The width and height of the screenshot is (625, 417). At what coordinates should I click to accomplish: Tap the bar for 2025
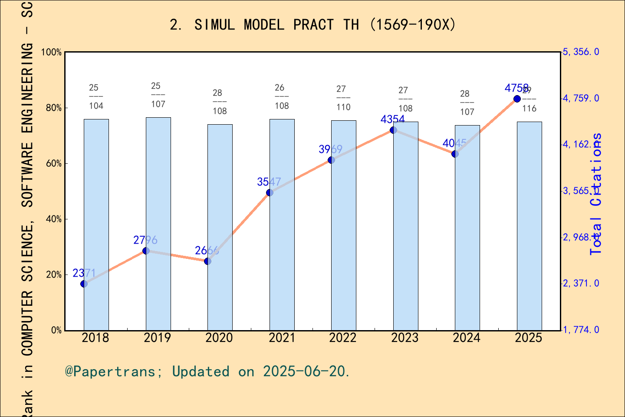[529, 226]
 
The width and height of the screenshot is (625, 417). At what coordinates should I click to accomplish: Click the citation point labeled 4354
[393, 130]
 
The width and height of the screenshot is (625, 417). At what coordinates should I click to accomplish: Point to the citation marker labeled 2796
[146, 251]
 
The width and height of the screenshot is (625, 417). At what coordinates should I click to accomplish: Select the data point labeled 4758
[517, 99]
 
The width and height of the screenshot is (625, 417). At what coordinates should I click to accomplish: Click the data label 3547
[269, 182]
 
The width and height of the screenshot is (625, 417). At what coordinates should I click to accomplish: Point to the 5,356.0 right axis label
[581, 52]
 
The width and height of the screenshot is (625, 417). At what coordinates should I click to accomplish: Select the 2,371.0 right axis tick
[581, 283]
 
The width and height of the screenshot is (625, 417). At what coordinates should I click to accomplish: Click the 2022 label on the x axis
[343, 338]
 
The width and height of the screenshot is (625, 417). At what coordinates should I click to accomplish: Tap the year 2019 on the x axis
[157, 338]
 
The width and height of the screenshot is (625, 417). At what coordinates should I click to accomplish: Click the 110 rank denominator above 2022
[343, 107]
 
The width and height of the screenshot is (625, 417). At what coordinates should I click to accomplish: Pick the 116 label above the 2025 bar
[529, 109]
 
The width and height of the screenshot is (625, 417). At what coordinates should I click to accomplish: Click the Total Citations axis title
[596, 194]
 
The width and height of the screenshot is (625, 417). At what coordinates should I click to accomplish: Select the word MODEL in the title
[263, 25]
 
